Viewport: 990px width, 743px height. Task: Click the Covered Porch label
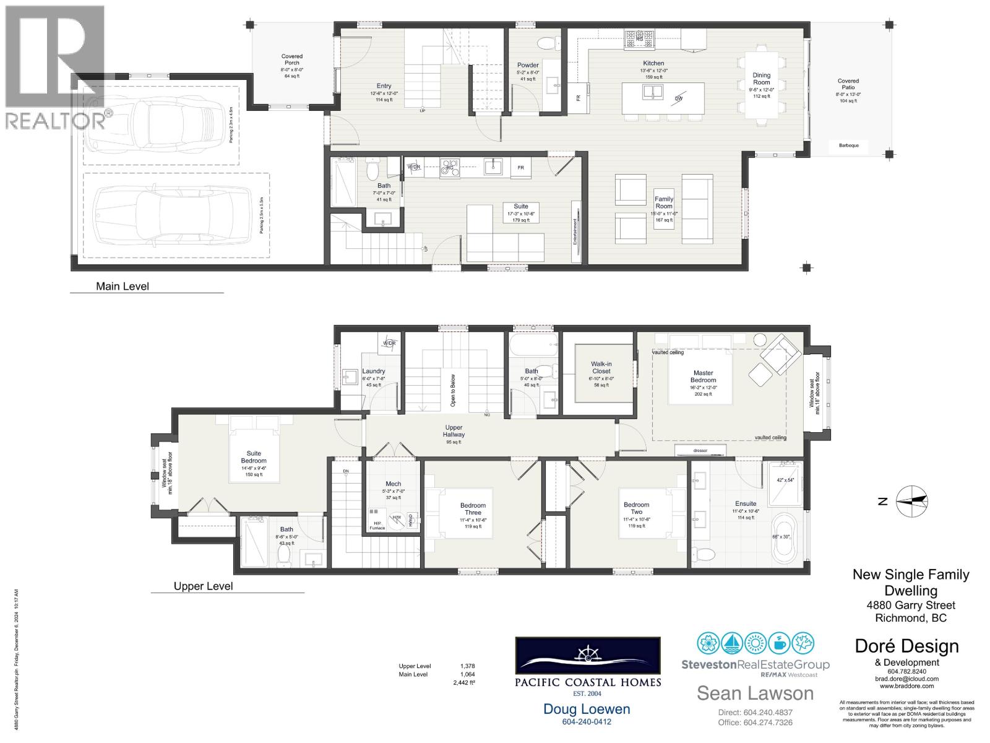[x=291, y=60]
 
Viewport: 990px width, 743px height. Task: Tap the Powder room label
[x=528, y=65]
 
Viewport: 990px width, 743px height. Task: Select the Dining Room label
[x=761, y=79]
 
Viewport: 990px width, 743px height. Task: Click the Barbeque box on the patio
[x=848, y=146]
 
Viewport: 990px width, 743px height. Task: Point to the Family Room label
[x=663, y=202]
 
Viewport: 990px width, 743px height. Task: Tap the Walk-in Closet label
[x=601, y=368]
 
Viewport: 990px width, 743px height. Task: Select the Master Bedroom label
[x=703, y=376]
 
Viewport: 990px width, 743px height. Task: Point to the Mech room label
[x=393, y=484]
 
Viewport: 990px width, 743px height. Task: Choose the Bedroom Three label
[x=473, y=509]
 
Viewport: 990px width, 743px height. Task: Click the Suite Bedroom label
[x=254, y=457]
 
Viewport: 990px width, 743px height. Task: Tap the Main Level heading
[x=123, y=286]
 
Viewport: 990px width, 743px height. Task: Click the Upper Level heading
[x=203, y=586]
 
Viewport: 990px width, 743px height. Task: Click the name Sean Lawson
[x=755, y=693]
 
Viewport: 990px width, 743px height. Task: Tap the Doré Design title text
[x=906, y=646]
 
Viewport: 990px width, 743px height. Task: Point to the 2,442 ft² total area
[x=464, y=683]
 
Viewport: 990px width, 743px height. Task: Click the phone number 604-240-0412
[x=586, y=722]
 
